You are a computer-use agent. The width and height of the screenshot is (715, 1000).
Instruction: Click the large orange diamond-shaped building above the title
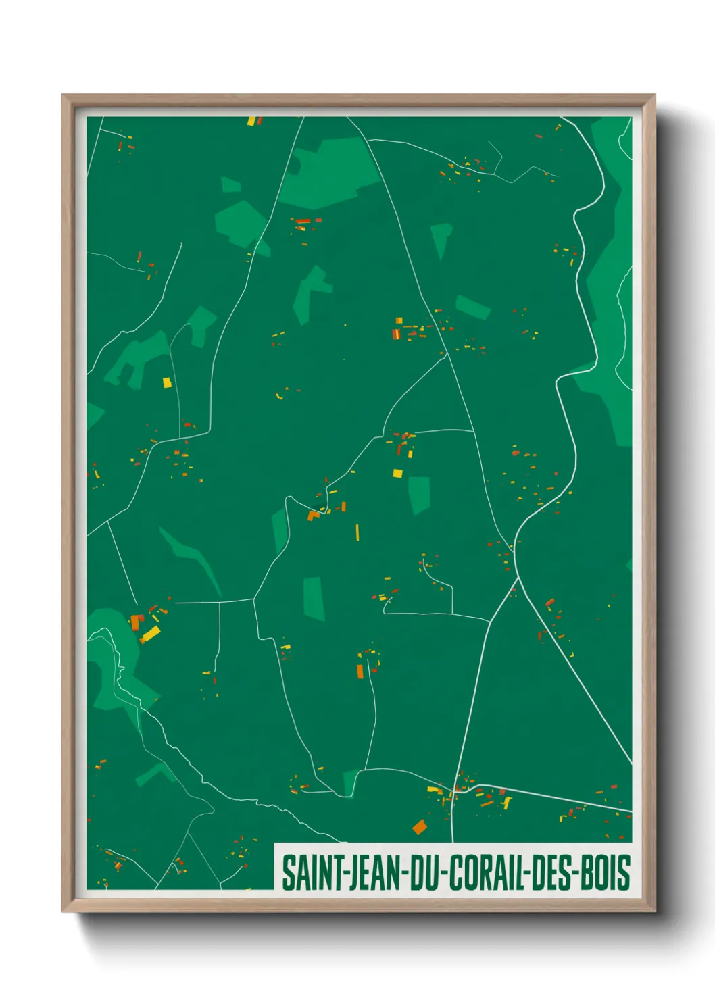pyautogui.click(x=420, y=826)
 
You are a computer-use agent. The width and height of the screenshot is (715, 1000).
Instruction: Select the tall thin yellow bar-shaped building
pyautogui.click(x=357, y=532)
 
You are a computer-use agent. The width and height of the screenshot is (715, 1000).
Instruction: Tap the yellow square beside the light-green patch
pyautogui.click(x=397, y=473)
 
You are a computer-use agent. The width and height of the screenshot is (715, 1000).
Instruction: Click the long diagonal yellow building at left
pyautogui.click(x=151, y=634)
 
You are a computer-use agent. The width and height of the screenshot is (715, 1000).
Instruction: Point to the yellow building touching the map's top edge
pyautogui.click(x=251, y=121)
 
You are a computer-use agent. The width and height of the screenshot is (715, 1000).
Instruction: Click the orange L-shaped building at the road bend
pyautogui.click(x=313, y=516)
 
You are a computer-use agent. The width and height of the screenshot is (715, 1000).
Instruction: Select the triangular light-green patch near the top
pyautogui.click(x=441, y=238)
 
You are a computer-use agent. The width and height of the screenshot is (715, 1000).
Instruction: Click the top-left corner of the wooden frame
pyautogui.click(x=64, y=96)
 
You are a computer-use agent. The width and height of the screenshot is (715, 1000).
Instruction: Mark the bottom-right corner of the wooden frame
pyautogui.click(x=654, y=910)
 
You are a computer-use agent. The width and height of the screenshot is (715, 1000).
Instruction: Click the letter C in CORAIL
pyautogui.click(x=455, y=872)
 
